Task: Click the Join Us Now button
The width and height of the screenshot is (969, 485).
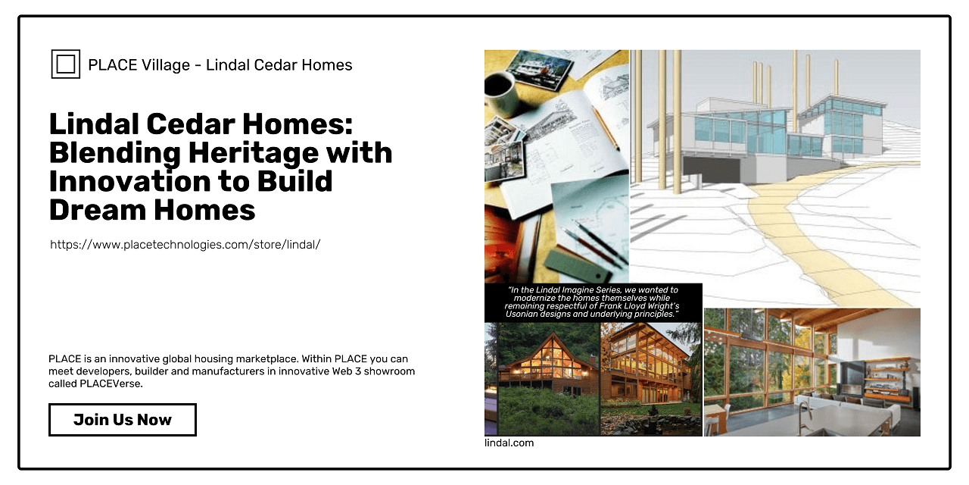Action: [x=123, y=420]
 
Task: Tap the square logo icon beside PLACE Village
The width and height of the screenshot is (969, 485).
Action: [x=66, y=64]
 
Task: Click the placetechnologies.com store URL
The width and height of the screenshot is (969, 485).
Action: [x=185, y=245]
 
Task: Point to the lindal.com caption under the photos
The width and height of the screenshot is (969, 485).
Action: [x=509, y=443]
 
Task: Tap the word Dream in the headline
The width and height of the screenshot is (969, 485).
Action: [x=97, y=210]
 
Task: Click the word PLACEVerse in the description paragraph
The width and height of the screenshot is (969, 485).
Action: [x=111, y=383]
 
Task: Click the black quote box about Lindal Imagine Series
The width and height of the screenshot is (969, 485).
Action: [x=593, y=302]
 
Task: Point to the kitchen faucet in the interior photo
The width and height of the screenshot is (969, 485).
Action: [x=804, y=417]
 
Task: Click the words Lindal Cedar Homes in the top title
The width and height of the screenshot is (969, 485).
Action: [x=279, y=65]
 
